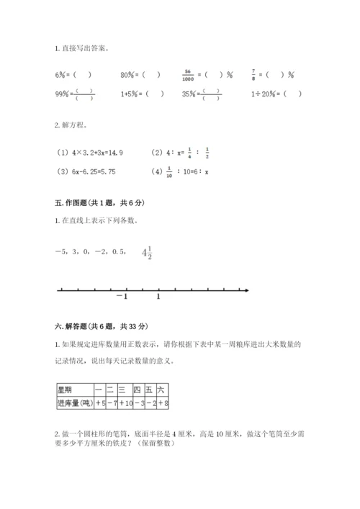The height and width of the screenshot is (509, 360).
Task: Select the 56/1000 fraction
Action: [187, 74]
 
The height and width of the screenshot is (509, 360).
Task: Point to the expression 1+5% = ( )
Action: [142, 94]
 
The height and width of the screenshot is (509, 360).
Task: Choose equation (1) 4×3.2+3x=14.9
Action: [90, 153]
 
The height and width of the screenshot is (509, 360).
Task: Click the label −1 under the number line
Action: [121, 297]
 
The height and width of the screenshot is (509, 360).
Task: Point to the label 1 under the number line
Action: [158, 297]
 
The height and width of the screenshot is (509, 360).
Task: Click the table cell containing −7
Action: [111, 403]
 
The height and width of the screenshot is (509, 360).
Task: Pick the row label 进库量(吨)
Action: [74, 403]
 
